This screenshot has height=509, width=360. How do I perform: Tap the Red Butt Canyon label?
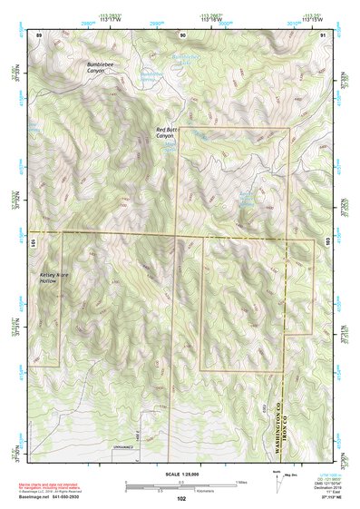click(170, 132)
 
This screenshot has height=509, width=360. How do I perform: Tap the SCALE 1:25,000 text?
click(179, 475)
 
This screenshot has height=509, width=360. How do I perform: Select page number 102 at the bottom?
click(180, 498)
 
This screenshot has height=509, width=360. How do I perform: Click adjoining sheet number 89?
click(39, 34)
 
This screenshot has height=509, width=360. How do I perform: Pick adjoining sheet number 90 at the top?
click(182, 34)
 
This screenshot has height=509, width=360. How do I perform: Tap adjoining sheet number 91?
click(323, 34)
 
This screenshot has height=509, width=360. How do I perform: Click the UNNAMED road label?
click(124, 447)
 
